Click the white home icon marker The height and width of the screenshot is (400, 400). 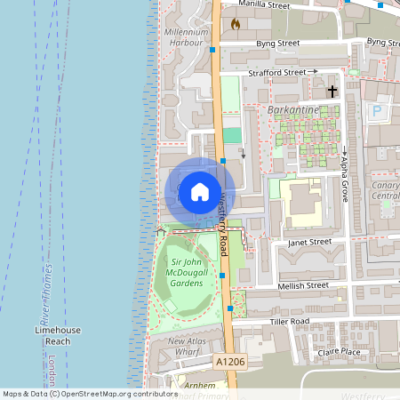click(199, 191)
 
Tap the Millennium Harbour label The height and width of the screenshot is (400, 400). click(186, 36)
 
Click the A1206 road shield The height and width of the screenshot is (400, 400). click(229, 363)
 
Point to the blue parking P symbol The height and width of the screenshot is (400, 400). click(378, 112)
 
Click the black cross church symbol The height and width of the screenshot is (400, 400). click(332, 91)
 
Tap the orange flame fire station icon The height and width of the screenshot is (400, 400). click(235, 24)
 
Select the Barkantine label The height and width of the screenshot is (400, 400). click(292, 110)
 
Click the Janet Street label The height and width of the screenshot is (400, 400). click(308, 241)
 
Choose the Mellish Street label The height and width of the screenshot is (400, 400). click(304, 285)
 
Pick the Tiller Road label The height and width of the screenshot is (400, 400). click(290, 321)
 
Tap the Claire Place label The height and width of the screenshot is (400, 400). click(339, 352)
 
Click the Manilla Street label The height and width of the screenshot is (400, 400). click(265, 5)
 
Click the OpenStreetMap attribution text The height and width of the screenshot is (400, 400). click(90, 394)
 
